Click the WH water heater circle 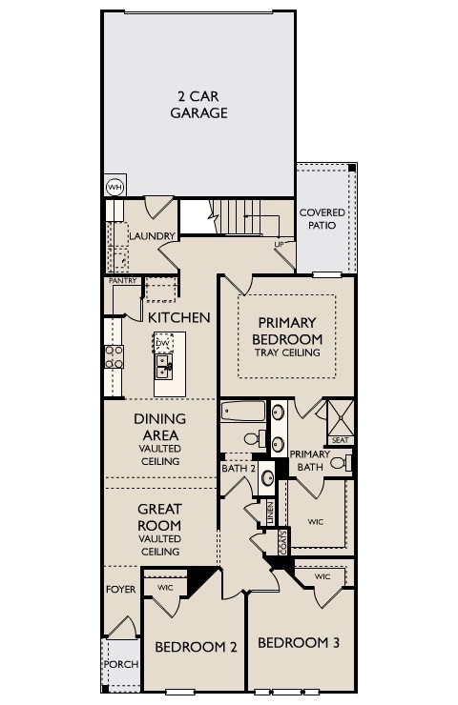tap(114, 187)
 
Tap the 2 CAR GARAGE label tap(198, 105)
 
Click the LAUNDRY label tap(153, 236)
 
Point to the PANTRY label tap(122, 281)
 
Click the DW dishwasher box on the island tap(163, 343)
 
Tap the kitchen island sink tap(164, 365)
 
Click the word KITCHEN tap(178, 316)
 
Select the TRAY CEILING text tap(287, 353)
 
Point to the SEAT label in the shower tap(340, 440)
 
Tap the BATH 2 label tap(237, 468)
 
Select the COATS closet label tap(283, 541)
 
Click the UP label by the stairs tap(280, 245)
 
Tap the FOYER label tap(120, 590)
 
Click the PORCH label tap(120, 664)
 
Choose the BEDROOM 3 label tap(299, 642)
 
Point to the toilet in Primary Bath tap(347, 463)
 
